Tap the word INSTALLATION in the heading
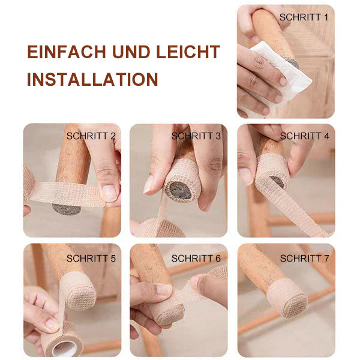coord(92,79)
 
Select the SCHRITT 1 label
coord(304,17)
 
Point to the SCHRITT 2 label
coord(91,136)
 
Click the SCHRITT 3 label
coord(196,136)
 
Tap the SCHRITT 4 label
coord(304,136)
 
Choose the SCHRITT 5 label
coord(91,259)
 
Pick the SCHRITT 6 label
coord(196,259)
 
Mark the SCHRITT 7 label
coord(304,259)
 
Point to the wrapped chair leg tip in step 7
coord(286,298)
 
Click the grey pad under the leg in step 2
coord(66,209)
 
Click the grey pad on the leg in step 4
coord(277,181)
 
